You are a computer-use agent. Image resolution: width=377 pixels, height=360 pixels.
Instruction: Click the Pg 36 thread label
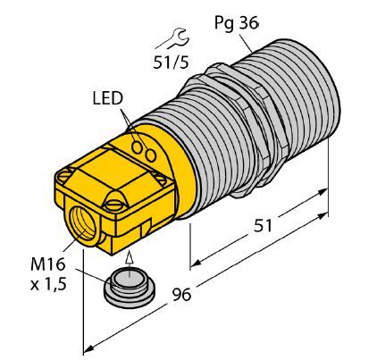pyautogui.click(x=237, y=22)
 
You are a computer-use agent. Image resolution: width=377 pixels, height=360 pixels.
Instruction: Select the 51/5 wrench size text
pyautogui.click(x=171, y=62)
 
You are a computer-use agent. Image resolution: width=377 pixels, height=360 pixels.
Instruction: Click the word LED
pyautogui.click(x=108, y=98)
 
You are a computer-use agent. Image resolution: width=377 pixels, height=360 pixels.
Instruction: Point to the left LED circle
pyautogui.click(x=138, y=147)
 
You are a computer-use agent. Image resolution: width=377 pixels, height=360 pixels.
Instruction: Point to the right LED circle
pyautogui.click(x=151, y=155)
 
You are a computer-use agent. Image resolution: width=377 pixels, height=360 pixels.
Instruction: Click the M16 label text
pyautogui.click(x=47, y=264)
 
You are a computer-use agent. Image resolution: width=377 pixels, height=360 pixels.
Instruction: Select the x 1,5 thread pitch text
pyautogui.click(x=48, y=284)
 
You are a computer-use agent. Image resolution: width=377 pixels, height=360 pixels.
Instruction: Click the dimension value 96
pyautogui.click(x=181, y=295)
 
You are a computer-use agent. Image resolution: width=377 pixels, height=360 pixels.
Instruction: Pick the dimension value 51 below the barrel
pyautogui.click(x=263, y=226)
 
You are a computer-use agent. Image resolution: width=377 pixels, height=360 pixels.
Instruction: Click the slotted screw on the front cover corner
pyautogui.click(x=113, y=204)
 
